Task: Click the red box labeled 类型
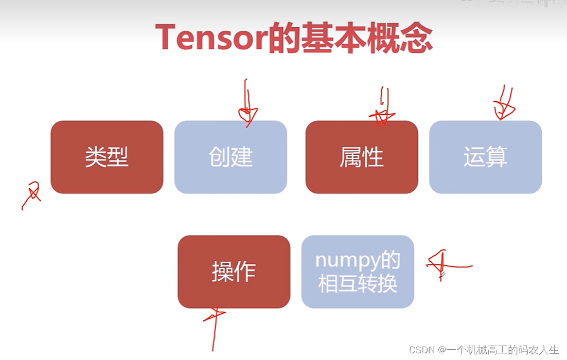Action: (107, 157)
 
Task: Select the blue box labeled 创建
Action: (231, 157)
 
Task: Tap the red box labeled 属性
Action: (361, 157)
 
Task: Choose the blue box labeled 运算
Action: (485, 157)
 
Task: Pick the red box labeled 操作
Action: (234, 272)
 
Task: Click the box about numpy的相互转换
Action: (358, 272)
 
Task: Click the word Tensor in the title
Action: (211, 37)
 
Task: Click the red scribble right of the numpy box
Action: (445, 264)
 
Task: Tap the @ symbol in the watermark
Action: (441, 350)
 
